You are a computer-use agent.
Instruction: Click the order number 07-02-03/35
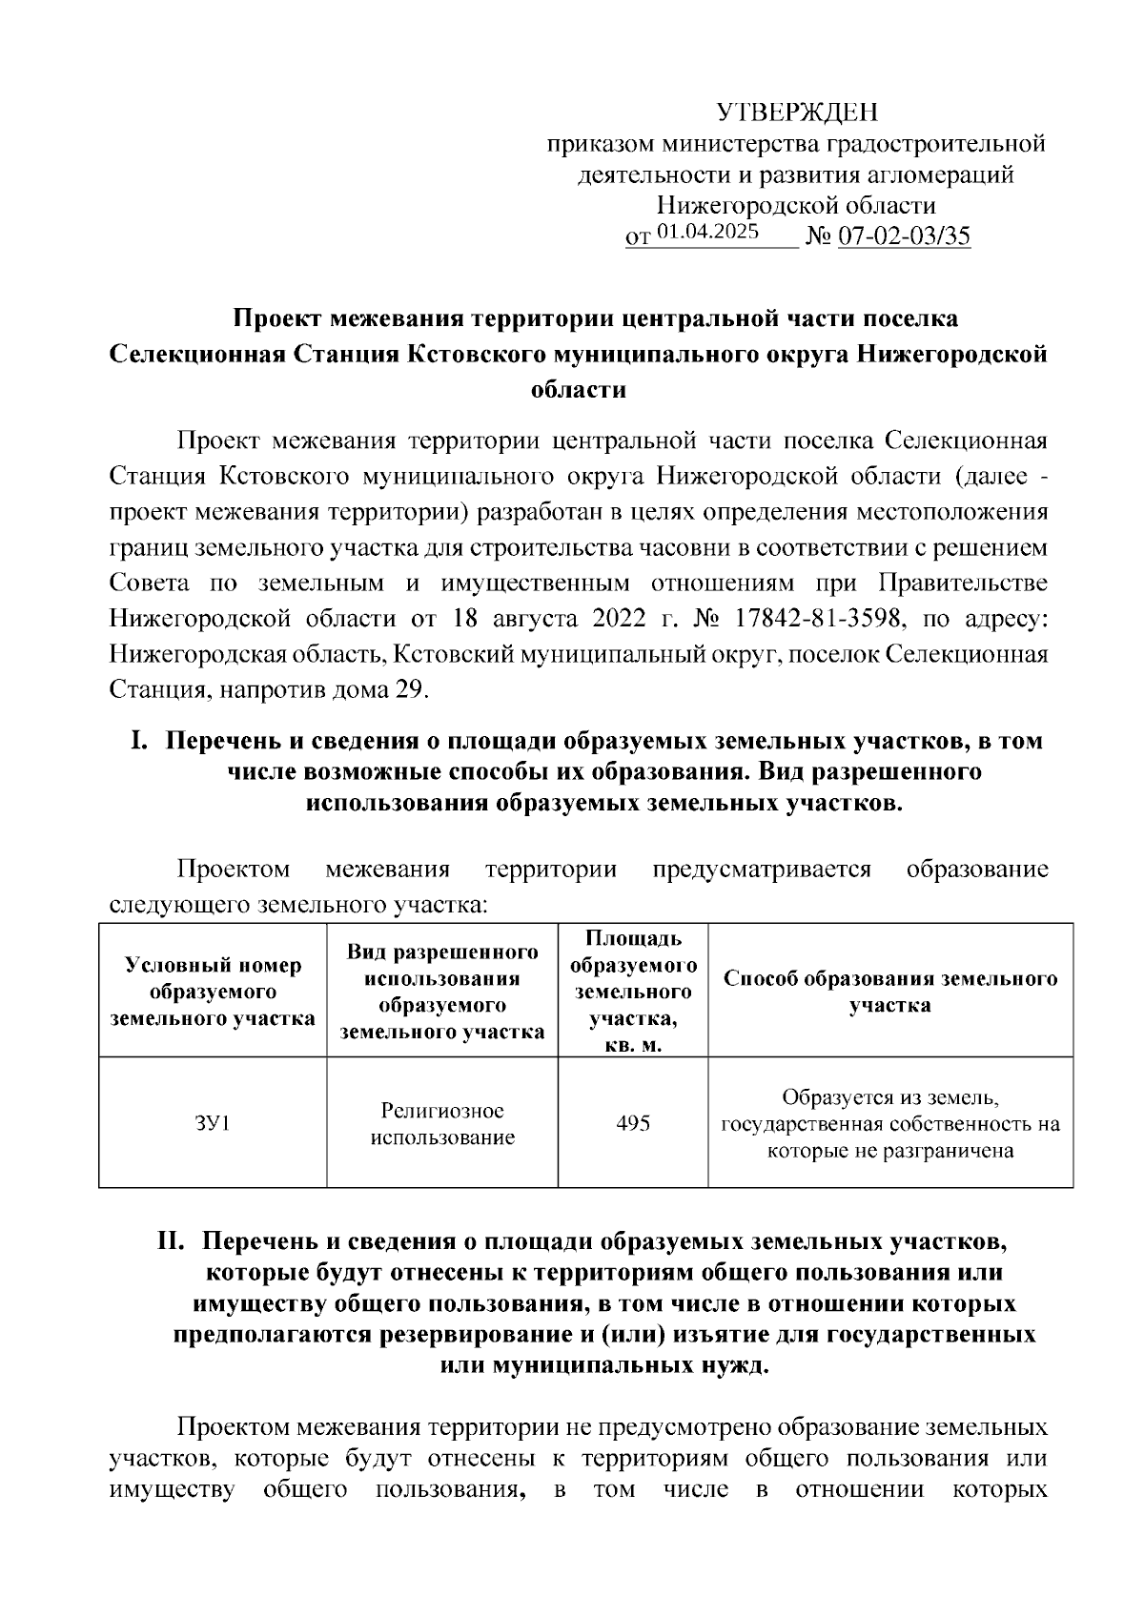(904, 236)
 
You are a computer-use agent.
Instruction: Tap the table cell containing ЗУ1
(213, 1123)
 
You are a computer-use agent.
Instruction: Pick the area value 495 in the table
(633, 1123)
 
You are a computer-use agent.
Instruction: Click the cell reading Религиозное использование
(442, 1124)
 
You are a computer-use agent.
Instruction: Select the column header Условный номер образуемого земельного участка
(213, 992)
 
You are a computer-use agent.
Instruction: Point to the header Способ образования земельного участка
(890, 992)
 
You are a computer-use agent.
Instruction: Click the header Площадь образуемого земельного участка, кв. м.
(633, 992)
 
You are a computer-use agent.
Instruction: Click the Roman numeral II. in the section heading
(174, 1242)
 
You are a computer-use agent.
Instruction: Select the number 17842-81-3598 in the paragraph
(816, 618)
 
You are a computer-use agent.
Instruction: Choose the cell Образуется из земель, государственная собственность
(890, 1124)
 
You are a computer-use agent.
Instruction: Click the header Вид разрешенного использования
(442, 992)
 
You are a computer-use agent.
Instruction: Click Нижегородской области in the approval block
(796, 205)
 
